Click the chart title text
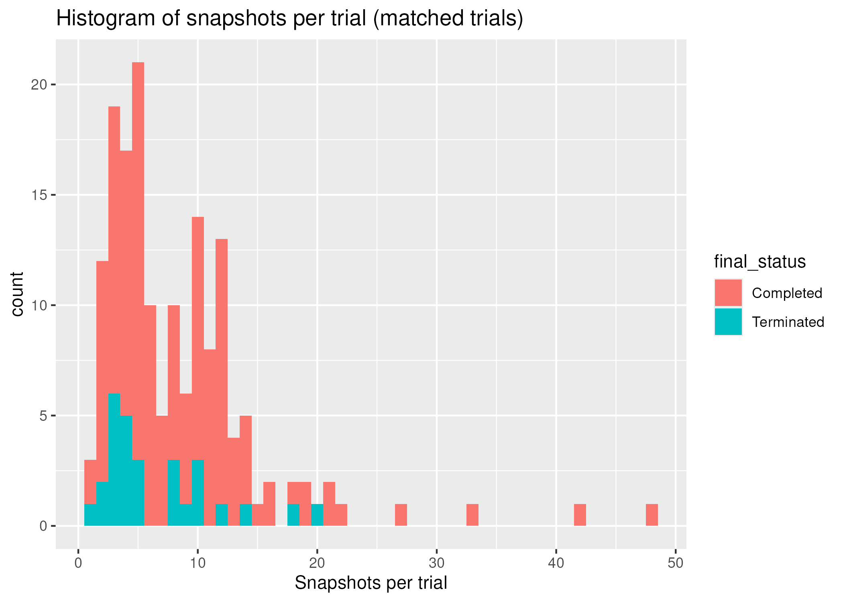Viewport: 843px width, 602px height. (x=289, y=18)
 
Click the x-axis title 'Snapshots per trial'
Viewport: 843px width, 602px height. (x=371, y=583)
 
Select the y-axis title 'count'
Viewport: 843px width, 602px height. (x=17, y=294)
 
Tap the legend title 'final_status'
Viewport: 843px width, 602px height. (x=760, y=262)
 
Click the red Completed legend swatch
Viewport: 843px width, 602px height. (x=728, y=293)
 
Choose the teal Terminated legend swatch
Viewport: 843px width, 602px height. (x=728, y=322)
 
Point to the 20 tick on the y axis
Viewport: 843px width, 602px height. (x=39, y=85)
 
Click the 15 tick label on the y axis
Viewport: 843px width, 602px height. (x=39, y=195)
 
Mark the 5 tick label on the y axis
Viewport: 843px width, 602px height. (x=43, y=416)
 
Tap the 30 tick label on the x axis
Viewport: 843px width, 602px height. (x=437, y=563)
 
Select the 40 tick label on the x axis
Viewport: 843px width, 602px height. (x=556, y=563)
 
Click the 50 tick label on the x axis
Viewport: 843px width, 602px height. (x=676, y=563)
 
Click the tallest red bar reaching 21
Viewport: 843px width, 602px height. (x=138, y=241)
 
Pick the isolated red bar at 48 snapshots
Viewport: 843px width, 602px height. (x=652, y=515)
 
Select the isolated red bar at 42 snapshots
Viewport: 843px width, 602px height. (x=580, y=515)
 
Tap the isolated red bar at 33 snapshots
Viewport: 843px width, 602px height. (x=472, y=515)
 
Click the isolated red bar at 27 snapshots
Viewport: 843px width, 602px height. (x=401, y=515)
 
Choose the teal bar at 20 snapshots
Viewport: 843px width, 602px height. (x=317, y=515)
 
